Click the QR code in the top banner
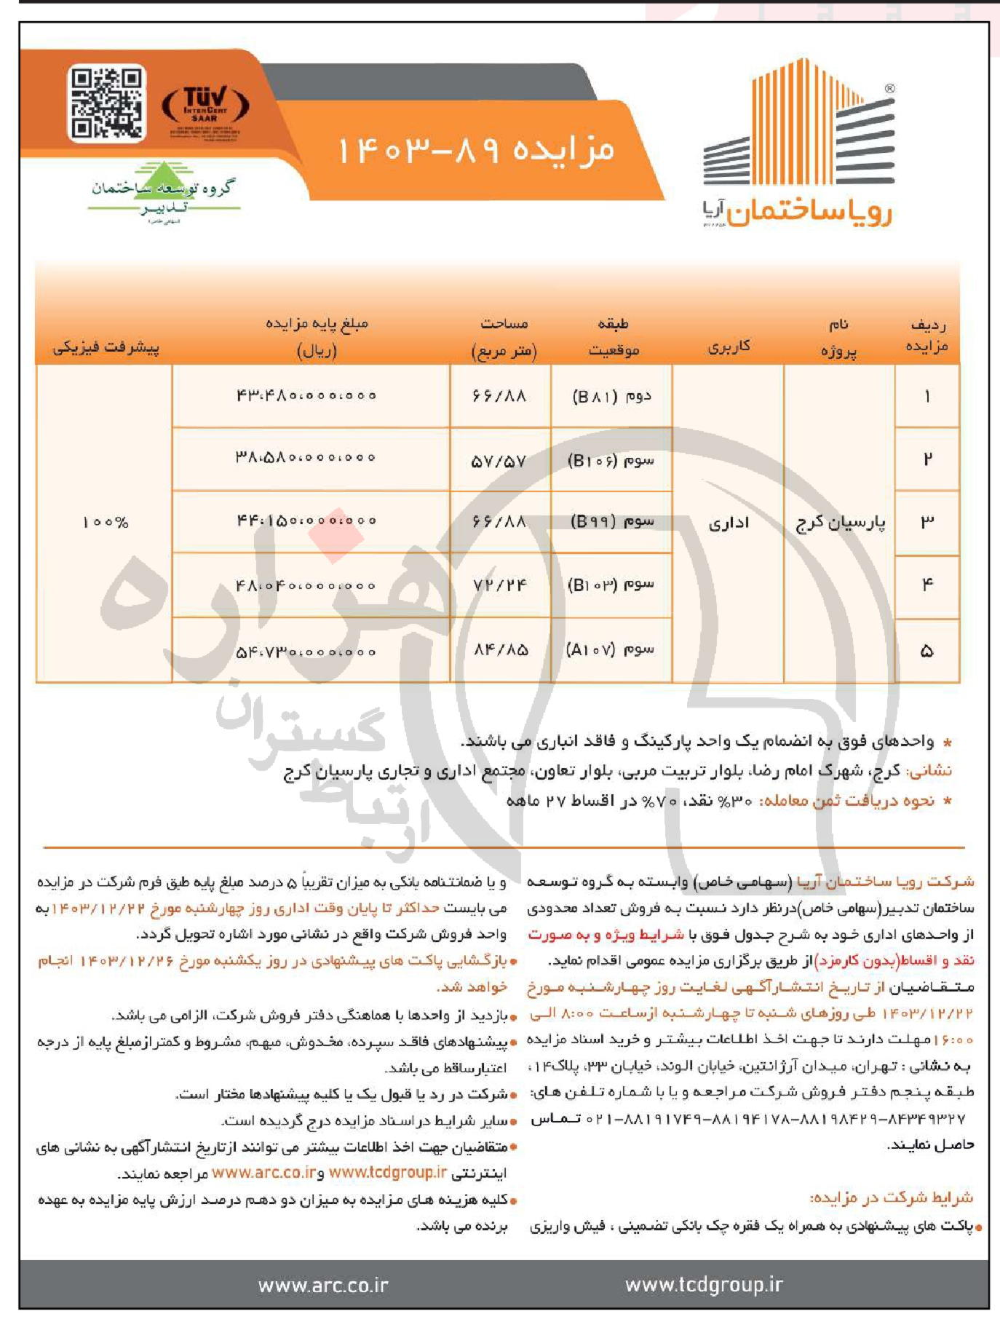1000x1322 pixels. (106, 103)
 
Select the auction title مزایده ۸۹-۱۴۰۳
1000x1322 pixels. (477, 150)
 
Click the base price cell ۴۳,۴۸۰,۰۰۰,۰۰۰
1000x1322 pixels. (306, 395)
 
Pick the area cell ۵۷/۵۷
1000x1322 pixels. (499, 460)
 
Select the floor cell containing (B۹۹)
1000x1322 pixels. (612, 521)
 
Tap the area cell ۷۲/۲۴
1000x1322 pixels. (499, 585)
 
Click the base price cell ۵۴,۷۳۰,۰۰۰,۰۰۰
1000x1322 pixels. (306, 651)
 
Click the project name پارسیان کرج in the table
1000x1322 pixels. (841, 523)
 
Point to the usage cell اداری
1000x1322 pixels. (729, 523)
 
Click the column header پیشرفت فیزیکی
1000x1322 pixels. (106, 347)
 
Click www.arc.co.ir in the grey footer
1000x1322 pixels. (323, 1285)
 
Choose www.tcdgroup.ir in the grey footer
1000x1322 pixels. (704, 1285)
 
